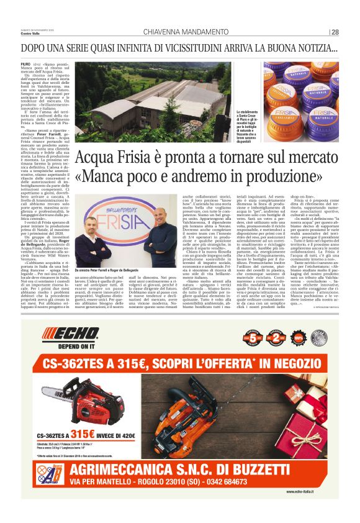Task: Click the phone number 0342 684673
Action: pos(279,482)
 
